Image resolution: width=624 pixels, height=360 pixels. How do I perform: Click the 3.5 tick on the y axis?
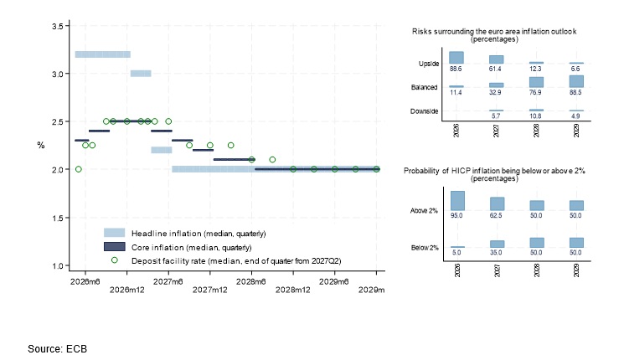[x=58, y=26]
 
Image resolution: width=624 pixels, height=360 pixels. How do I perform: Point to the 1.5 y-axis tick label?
[x=58, y=218]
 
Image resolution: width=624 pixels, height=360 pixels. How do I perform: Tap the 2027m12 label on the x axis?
[x=209, y=290]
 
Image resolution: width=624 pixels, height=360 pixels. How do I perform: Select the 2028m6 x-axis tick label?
[x=250, y=281]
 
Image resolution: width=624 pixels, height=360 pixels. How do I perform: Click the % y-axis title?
[x=40, y=146]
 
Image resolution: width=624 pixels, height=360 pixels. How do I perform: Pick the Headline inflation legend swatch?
[x=114, y=233]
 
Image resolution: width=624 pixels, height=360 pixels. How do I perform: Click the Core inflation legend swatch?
[x=114, y=247]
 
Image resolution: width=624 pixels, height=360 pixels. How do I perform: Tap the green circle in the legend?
[x=114, y=260]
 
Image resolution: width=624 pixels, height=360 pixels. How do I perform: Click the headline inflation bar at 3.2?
[x=103, y=54]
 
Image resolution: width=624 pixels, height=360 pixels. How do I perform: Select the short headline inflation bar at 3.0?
[x=141, y=74]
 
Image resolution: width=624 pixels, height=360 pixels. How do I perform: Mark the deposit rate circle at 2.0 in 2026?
[x=79, y=169]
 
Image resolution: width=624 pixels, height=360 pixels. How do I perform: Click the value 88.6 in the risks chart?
[x=456, y=69]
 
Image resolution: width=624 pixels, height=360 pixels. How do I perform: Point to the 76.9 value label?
[x=535, y=92]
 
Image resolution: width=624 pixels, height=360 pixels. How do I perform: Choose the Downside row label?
[x=424, y=111]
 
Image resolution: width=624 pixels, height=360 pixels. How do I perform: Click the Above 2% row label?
[x=424, y=210]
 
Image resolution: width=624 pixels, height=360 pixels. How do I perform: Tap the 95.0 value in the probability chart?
[x=456, y=215]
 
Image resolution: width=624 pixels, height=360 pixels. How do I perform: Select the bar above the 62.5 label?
[x=497, y=203]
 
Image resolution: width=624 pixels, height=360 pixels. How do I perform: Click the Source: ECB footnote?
[x=57, y=349]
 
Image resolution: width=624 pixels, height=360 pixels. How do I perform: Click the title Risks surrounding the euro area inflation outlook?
[x=494, y=32]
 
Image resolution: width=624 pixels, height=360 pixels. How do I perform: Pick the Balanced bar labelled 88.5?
[x=576, y=81]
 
